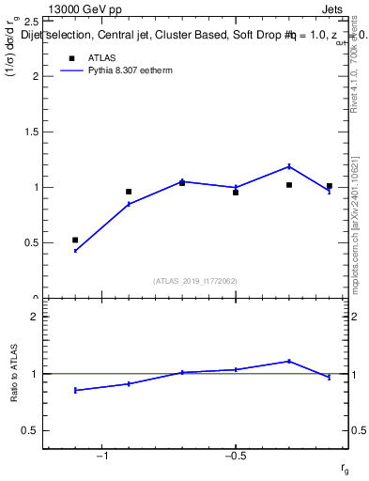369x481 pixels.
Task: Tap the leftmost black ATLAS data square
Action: click(x=75, y=240)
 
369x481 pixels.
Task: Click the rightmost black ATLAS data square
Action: click(x=329, y=186)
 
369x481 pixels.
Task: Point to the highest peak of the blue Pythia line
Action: click(x=289, y=166)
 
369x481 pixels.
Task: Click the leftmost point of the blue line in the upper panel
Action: click(x=75, y=251)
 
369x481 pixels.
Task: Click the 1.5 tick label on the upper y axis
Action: click(x=28, y=132)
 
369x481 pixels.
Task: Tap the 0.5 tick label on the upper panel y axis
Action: click(x=28, y=242)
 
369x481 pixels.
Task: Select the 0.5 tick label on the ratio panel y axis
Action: click(x=28, y=430)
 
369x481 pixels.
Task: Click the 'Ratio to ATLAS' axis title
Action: click(x=14, y=373)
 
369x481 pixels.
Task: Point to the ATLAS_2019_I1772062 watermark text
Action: click(x=194, y=280)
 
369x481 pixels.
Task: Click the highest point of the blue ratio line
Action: click(x=289, y=361)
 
